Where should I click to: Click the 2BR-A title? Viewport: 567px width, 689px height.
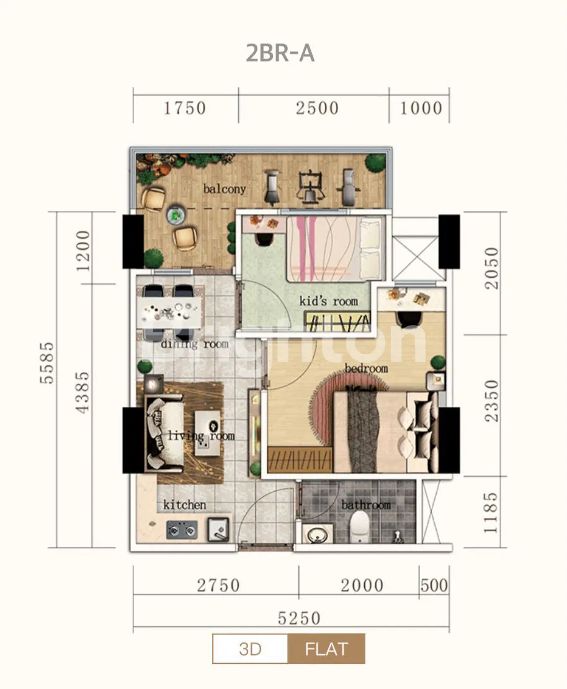pyautogui.click(x=280, y=53)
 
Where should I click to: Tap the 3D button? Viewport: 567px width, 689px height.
pyautogui.click(x=250, y=649)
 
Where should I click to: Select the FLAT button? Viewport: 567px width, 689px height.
pyautogui.click(x=326, y=649)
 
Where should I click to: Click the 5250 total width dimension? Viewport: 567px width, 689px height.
pyautogui.click(x=299, y=618)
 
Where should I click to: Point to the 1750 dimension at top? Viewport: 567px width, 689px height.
pyautogui.click(x=185, y=108)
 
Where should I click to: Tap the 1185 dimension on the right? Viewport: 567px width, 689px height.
pyautogui.click(x=491, y=512)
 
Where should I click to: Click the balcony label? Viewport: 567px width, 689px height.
pyautogui.click(x=224, y=189)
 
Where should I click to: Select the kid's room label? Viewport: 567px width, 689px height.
pyautogui.click(x=328, y=301)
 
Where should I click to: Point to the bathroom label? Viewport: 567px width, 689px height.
pyautogui.click(x=366, y=505)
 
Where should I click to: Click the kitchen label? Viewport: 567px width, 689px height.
pyautogui.click(x=185, y=505)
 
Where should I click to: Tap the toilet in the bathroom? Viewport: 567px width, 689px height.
pyautogui.click(x=360, y=527)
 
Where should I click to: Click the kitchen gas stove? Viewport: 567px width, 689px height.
pyautogui.click(x=182, y=530)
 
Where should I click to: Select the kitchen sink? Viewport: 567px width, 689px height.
pyautogui.click(x=218, y=529)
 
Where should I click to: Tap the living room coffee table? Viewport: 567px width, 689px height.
pyautogui.click(x=207, y=433)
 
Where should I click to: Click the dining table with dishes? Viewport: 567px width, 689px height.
pyautogui.click(x=170, y=313)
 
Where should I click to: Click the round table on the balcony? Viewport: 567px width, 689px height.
pyautogui.click(x=176, y=215)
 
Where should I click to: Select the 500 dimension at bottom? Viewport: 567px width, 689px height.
pyautogui.click(x=434, y=585)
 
